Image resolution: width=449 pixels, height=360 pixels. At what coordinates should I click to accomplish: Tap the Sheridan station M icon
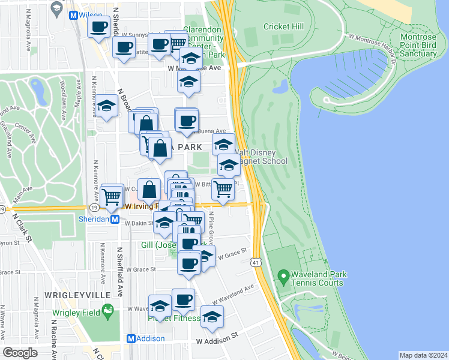click(x=123, y=220)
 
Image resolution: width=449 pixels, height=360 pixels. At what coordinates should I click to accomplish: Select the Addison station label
click(x=151, y=338)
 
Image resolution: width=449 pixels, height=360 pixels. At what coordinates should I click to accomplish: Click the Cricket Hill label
click(x=281, y=26)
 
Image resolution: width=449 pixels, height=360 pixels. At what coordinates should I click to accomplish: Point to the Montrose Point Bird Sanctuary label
click(x=414, y=45)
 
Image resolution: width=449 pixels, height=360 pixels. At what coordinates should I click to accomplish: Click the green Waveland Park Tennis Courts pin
click(x=283, y=278)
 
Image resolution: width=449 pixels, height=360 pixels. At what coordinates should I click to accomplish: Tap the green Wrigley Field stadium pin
click(x=107, y=310)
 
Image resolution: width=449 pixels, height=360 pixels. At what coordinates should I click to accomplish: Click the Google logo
click(x=20, y=352)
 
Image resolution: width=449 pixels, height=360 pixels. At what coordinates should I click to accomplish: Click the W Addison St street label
click(x=217, y=341)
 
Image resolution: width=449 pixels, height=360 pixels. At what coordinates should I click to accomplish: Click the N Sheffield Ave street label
click(x=120, y=265)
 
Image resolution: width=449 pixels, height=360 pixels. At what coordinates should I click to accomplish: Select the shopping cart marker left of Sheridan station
click(x=112, y=196)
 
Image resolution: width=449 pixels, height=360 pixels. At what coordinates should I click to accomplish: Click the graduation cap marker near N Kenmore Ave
click(x=107, y=107)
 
